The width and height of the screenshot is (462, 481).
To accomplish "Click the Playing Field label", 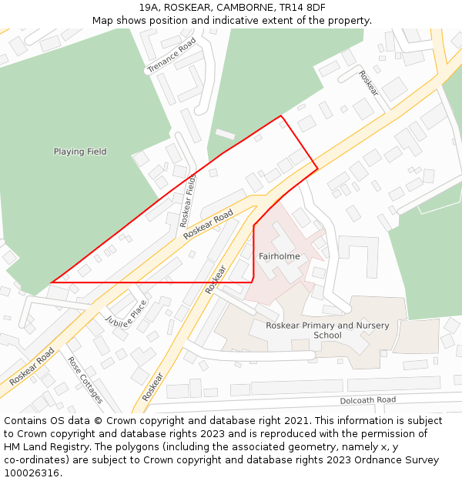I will pos(80,152).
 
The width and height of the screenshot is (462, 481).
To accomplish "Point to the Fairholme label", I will pos(279,256).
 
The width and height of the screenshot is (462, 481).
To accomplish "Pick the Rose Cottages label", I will pos(85,379).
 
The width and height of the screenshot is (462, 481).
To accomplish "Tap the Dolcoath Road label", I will pos(367,400).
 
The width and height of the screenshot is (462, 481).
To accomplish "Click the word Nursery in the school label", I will pos(370,326).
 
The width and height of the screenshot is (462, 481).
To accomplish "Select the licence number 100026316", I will pos(32,473).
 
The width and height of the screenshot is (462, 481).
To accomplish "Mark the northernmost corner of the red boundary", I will pos(280,116).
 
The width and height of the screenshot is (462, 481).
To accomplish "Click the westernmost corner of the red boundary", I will pos(51,282).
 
